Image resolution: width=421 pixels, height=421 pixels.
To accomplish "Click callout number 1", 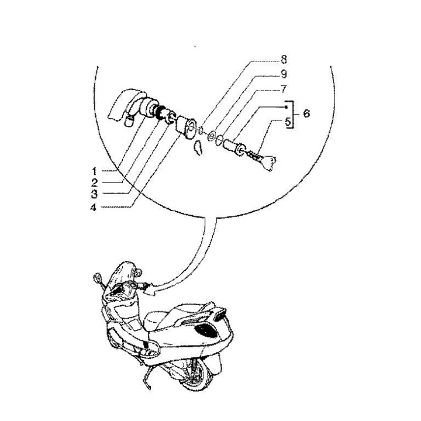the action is tap(94, 171).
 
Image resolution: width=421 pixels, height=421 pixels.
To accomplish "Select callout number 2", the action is tap(94, 183).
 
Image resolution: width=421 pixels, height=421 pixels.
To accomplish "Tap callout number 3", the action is tap(94, 194).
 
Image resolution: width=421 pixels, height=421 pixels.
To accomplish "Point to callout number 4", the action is tap(93, 207).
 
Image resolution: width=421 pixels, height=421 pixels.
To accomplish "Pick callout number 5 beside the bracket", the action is tap(288, 122).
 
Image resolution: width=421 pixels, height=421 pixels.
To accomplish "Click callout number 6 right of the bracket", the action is tap(306, 113).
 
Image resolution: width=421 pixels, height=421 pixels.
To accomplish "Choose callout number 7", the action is tap(284, 89).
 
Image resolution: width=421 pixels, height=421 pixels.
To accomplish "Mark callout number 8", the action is tap(284, 60).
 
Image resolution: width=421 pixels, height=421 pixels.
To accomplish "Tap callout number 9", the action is tap(284, 74).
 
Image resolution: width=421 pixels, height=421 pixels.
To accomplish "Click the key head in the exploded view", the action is tap(270, 163).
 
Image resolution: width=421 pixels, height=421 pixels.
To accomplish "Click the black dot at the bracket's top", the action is tap(286, 107).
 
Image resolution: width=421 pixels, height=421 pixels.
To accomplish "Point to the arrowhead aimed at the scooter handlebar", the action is tap(150, 290).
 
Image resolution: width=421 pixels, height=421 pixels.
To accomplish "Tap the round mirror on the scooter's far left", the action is tap(98, 277).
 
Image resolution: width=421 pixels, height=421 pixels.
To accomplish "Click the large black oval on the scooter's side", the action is tap(206, 330).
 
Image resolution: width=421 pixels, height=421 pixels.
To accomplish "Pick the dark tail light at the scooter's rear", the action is tap(220, 315).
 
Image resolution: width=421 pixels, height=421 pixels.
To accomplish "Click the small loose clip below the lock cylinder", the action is tap(198, 148).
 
